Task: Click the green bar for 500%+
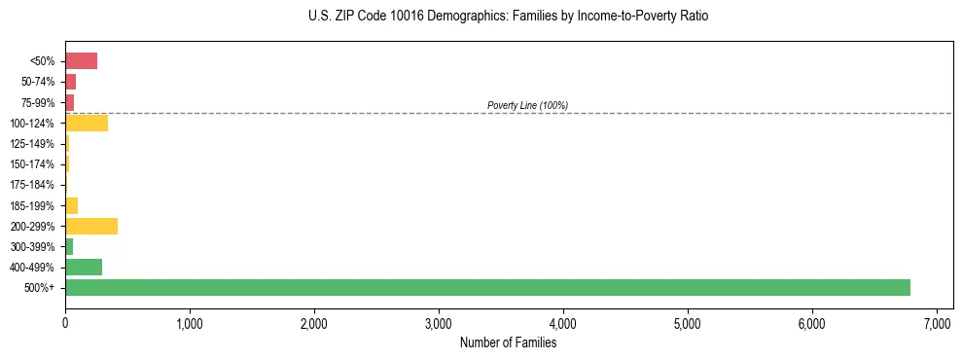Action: coord(487,287)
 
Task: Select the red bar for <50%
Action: coord(81,61)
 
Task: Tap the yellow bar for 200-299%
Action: coord(91,226)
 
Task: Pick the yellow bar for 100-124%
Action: coord(87,123)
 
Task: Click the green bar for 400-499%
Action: coord(84,267)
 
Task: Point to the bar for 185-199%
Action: coord(71,205)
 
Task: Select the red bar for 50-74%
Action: coord(70,82)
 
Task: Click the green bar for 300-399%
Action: coord(69,246)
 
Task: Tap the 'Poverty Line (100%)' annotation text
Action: coord(527,105)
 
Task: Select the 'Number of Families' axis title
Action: coord(509,342)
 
